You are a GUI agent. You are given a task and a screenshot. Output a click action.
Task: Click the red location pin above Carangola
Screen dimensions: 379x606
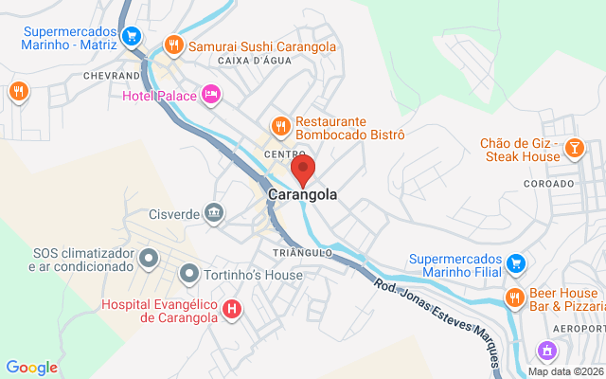303,171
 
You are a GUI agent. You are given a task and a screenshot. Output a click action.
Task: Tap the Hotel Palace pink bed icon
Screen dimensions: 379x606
210,95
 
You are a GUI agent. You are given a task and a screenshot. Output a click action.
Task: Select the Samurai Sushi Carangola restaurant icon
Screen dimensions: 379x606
173,45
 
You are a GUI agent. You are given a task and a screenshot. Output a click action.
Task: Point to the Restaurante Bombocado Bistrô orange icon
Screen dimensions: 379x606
280,126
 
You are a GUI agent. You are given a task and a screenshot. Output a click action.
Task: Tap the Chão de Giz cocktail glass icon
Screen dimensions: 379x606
574,148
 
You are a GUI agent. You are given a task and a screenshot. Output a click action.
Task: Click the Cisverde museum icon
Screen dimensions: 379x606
215,212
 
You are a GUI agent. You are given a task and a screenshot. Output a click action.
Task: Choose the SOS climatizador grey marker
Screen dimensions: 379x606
149,258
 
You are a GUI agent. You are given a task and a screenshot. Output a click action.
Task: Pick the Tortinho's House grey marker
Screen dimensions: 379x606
189,275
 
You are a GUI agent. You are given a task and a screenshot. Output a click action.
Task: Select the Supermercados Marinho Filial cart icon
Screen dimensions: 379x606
515,262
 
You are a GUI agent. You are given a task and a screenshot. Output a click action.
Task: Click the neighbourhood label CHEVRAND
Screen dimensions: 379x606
111,74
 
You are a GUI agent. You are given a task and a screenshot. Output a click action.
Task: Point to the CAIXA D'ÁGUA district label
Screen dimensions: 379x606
255,61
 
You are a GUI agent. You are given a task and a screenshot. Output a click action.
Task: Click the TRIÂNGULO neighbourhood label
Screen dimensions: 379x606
303,253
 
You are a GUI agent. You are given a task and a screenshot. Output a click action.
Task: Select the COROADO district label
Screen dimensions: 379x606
546,183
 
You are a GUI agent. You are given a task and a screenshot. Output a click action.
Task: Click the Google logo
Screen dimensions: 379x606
31,368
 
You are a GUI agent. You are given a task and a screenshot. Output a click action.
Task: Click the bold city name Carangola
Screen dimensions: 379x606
303,195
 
